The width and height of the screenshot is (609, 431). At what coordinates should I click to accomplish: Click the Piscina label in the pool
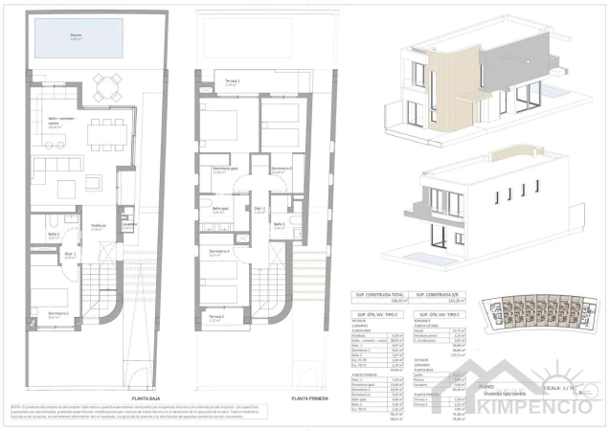76,35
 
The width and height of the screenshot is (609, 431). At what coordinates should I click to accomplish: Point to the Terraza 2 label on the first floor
216,317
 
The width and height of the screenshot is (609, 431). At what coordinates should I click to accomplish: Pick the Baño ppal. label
218,210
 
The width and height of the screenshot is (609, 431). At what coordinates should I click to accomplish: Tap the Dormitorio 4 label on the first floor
218,250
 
